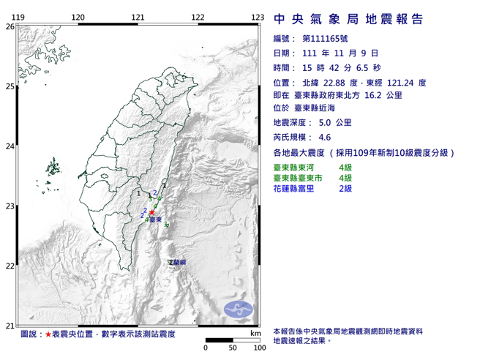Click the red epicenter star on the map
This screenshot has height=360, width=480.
(x=152, y=212)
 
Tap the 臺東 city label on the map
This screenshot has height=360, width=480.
(x=156, y=219)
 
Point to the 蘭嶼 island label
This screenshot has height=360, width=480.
(x=178, y=262)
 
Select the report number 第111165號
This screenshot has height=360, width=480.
(x=325, y=38)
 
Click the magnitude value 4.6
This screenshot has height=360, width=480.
(x=325, y=137)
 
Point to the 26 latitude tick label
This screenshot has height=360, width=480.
(x=10, y=26)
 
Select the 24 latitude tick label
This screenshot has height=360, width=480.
(x=10, y=146)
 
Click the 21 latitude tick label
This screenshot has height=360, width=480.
(x=10, y=326)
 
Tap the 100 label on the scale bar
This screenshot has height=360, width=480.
(x=258, y=349)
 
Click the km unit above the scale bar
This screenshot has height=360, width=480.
(x=254, y=334)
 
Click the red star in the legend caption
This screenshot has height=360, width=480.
(x=48, y=334)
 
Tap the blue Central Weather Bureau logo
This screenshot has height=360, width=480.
(x=239, y=307)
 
